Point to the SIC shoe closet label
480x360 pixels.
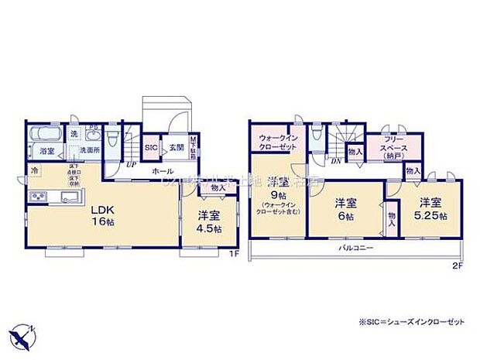pyautogui.click(x=152, y=147)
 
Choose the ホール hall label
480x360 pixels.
pyautogui.click(x=163, y=170)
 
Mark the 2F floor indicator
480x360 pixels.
pyautogui.click(x=457, y=266)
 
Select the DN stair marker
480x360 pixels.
pyautogui.click(x=336, y=161)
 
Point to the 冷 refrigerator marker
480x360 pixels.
pyautogui.click(x=35, y=169)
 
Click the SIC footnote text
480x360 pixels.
pyautogui.click(x=412, y=321)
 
